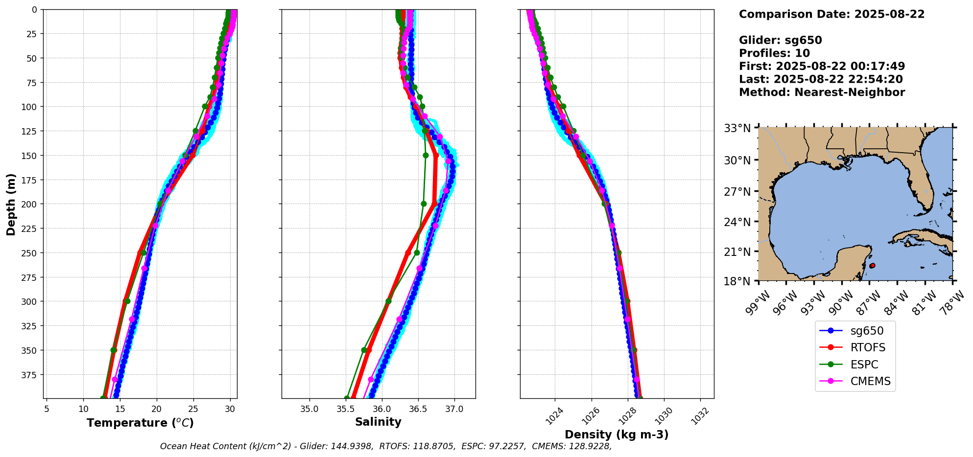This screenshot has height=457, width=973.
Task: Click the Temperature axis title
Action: [x=140, y=423]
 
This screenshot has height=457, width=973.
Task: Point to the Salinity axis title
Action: [x=378, y=422]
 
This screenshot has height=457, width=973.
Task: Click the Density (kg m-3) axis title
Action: [x=617, y=434]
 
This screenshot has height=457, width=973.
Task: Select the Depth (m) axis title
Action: [x=11, y=204]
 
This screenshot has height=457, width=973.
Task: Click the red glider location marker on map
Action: [x=872, y=266]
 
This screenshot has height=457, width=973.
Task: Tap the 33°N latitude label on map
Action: [x=737, y=129]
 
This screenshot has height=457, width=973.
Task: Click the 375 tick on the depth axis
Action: [x=29, y=375]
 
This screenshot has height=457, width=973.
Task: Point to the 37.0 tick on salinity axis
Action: [x=454, y=409]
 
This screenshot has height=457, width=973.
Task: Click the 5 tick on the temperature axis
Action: [x=47, y=409]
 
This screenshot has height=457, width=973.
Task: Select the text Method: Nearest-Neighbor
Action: [x=822, y=92]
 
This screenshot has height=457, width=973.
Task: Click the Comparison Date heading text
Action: [x=831, y=14]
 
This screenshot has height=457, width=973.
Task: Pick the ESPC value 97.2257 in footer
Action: [x=507, y=446]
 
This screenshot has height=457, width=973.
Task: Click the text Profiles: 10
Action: [x=774, y=53]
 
